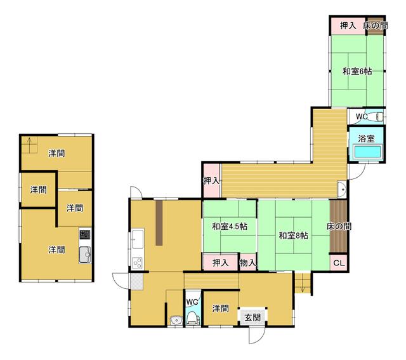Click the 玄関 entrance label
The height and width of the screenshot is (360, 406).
tap(252, 317)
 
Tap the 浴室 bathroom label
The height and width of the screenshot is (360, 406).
tap(366, 138)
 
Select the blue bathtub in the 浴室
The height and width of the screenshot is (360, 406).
tap(367, 152)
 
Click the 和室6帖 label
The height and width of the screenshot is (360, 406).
tap(357, 71)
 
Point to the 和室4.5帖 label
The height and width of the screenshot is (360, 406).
tap(230, 227)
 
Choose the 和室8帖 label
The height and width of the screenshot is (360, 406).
tap(293, 236)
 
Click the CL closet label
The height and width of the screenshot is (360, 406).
tap(339, 263)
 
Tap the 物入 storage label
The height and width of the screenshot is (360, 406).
tap(247, 263)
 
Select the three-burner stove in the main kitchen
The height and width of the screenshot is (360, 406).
tap(137, 263)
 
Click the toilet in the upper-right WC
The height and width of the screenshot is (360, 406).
tap(377, 117)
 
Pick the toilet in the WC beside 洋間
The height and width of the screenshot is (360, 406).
tap(192, 318)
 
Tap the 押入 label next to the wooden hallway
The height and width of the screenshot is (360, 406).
tap(211, 181)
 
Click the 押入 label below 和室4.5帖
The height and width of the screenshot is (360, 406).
tap(220, 263)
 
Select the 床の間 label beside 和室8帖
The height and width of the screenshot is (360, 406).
tap(339, 227)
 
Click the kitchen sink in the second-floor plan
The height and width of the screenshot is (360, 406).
tap(85, 255)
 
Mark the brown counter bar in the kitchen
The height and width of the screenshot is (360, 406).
tap(159, 223)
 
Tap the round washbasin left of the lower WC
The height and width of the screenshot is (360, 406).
tap(176, 320)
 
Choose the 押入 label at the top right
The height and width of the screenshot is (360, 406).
tap(348, 25)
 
